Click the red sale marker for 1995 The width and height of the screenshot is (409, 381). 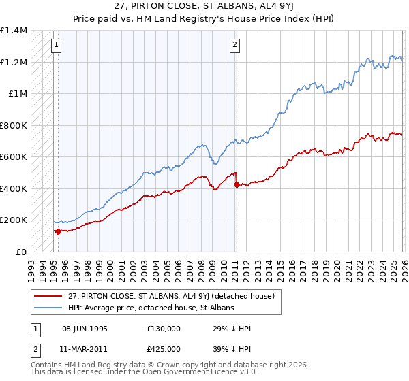point(58,231)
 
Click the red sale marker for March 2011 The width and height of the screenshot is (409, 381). point(236,184)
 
